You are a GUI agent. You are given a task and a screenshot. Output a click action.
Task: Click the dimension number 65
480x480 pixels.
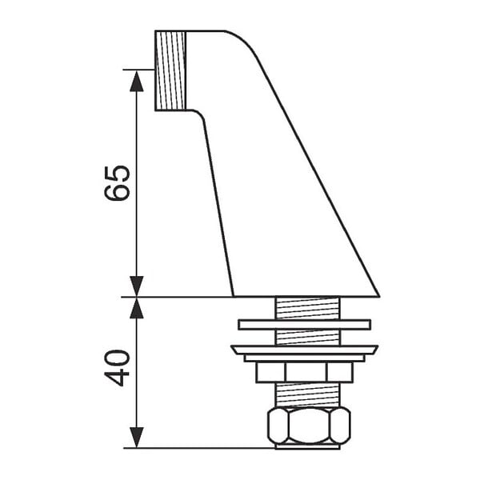pyautogui.click(x=117, y=182)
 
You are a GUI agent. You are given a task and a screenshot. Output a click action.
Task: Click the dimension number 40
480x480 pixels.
pyautogui.click(x=117, y=368)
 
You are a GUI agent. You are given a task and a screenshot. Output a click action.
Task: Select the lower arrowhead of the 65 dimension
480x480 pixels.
pyautogui.click(x=137, y=286)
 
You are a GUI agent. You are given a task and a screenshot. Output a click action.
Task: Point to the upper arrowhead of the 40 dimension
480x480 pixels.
pyautogui.click(x=137, y=308)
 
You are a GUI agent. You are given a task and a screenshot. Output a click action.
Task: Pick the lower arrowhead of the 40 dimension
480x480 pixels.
pyautogui.click(x=137, y=438)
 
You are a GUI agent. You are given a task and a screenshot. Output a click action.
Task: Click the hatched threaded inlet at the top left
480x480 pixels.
pyautogui.click(x=170, y=70)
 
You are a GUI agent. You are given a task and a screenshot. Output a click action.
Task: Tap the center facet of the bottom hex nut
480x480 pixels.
pyautogui.click(x=309, y=426)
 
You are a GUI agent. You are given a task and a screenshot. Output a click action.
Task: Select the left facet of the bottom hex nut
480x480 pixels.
pyautogui.click(x=278, y=426)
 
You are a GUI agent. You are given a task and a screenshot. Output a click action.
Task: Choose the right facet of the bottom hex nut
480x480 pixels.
pyautogui.click(x=341, y=426)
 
